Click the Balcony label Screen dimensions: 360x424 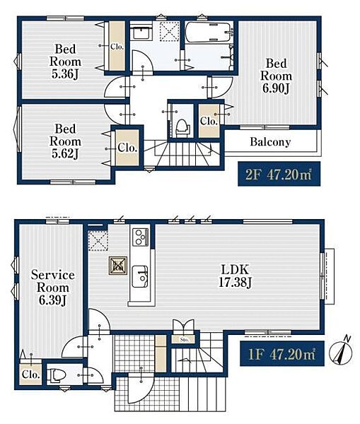pyautogui.click(x=270, y=142)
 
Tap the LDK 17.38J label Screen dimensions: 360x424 pyautogui.click(x=235, y=276)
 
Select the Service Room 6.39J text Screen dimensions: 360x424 pyautogui.click(x=53, y=287)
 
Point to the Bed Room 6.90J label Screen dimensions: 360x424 pyautogui.click(x=276, y=76)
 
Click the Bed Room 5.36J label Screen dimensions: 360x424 pyautogui.click(x=65, y=61)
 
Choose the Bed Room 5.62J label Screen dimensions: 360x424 pyautogui.click(x=65, y=141)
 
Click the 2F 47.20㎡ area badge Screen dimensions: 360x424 pyautogui.click(x=279, y=174)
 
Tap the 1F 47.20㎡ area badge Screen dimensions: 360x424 pyautogui.click(x=282, y=353)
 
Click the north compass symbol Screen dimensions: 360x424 pyautogui.click(x=341, y=351)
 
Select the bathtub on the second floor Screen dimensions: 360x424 pyautogui.click(x=209, y=33)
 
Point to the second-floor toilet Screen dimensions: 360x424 pyautogui.click(x=182, y=128)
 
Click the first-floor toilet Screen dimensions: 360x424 pyautogui.click(x=57, y=375)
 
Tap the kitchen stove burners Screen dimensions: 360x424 pyautogui.click(x=141, y=237)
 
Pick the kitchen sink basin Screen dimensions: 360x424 pyautogui.click(x=140, y=276)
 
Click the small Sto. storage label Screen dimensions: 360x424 pyautogui.click(x=184, y=340)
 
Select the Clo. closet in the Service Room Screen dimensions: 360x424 pyautogui.click(x=31, y=375)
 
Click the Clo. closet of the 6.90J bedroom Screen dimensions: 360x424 pyautogui.click(x=209, y=121)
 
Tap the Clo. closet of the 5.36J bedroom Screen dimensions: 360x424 pyautogui.click(x=117, y=46)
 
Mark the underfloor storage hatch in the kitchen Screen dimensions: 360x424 pyautogui.click(x=118, y=266)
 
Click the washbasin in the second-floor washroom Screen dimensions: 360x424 pyautogui.click(x=141, y=34)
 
